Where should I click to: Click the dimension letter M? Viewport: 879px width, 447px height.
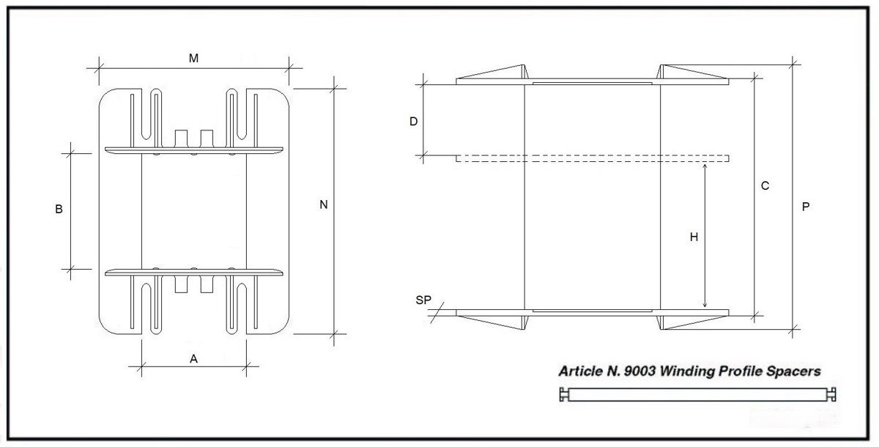[x=193, y=59]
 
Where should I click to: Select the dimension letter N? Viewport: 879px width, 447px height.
[x=323, y=204]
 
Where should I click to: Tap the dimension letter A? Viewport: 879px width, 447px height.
[x=193, y=358]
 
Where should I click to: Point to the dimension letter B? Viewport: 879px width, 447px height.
[x=59, y=209]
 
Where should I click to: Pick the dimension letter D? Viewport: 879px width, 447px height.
[x=413, y=122]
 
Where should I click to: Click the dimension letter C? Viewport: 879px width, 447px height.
[x=765, y=185]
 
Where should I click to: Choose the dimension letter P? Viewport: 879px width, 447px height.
[x=806, y=207]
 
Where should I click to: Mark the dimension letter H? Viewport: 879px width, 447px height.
[x=694, y=237]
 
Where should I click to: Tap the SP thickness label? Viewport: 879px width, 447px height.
[x=423, y=300]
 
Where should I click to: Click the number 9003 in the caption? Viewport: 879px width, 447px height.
[x=639, y=372]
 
